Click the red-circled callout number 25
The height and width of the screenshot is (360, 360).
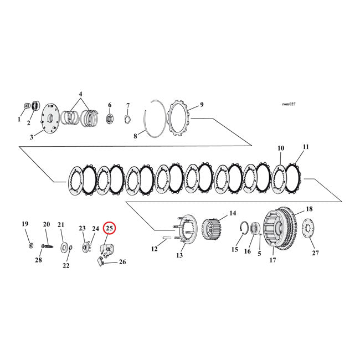[109, 228]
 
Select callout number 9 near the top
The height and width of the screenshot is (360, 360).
[202, 104]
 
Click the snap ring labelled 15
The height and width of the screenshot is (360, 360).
[242, 231]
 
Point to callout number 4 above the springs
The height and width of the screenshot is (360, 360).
[80, 95]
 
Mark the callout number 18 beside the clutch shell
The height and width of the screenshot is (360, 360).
[308, 209]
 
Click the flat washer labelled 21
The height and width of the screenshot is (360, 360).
[64, 245]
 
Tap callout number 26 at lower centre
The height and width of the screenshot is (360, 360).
[122, 262]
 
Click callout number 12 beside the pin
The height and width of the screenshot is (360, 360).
[155, 249]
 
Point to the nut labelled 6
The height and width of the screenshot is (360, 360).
[109, 118]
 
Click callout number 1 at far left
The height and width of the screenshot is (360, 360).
[19, 119]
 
